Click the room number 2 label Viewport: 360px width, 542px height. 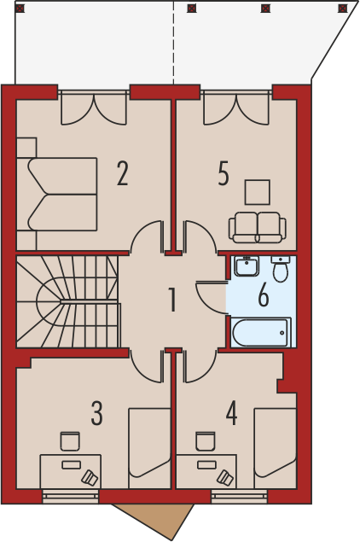(x=123, y=173)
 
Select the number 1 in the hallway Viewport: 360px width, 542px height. (x=172, y=300)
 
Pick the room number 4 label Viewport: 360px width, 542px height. (x=231, y=412)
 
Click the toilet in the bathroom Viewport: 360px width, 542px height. (x=280, y=269)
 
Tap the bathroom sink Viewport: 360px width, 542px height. (x=247, y=266)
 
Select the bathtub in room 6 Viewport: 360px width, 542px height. (x=260, y=333)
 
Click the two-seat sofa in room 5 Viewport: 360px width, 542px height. (x=257, y=227)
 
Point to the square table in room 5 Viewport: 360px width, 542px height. (x=258, y=192)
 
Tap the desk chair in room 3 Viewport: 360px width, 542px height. (x=70, y=441)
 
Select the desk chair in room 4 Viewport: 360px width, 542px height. (x=206, y=441)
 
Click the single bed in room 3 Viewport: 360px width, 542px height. (x=150, y=448)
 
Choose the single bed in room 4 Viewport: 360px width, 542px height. (x=276, y=448)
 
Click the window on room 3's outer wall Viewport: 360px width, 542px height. (x=71, y=496)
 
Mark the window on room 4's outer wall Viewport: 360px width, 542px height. (x=240, y=496)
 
